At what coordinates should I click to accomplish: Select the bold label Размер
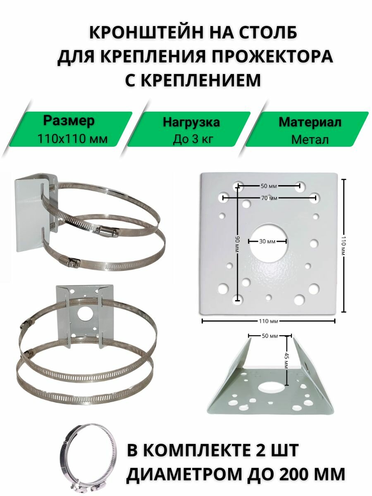[69, 121]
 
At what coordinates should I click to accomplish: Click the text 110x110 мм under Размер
[72, 139]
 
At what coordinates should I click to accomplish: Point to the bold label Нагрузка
[191, 122]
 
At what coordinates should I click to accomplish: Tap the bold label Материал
[310, 122]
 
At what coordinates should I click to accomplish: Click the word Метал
[310, 140]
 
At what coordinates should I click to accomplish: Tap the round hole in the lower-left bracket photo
[85, 312]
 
